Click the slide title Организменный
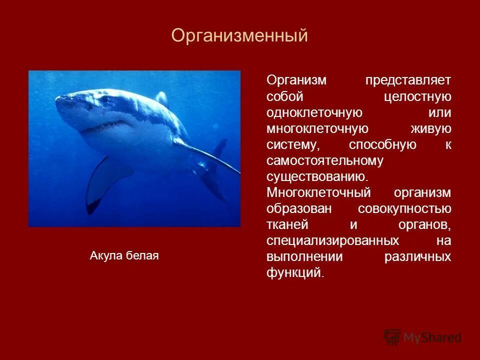click(239, 36)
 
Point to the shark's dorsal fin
click(161, 97)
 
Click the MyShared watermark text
click(432, 337)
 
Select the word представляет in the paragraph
click(407, 80)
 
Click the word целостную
click(417, 96)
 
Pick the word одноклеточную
click(314, 112)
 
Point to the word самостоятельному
click(325, 161)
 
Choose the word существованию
click(317, 177)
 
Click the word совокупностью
click(404, 209)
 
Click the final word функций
click(295, 273)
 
